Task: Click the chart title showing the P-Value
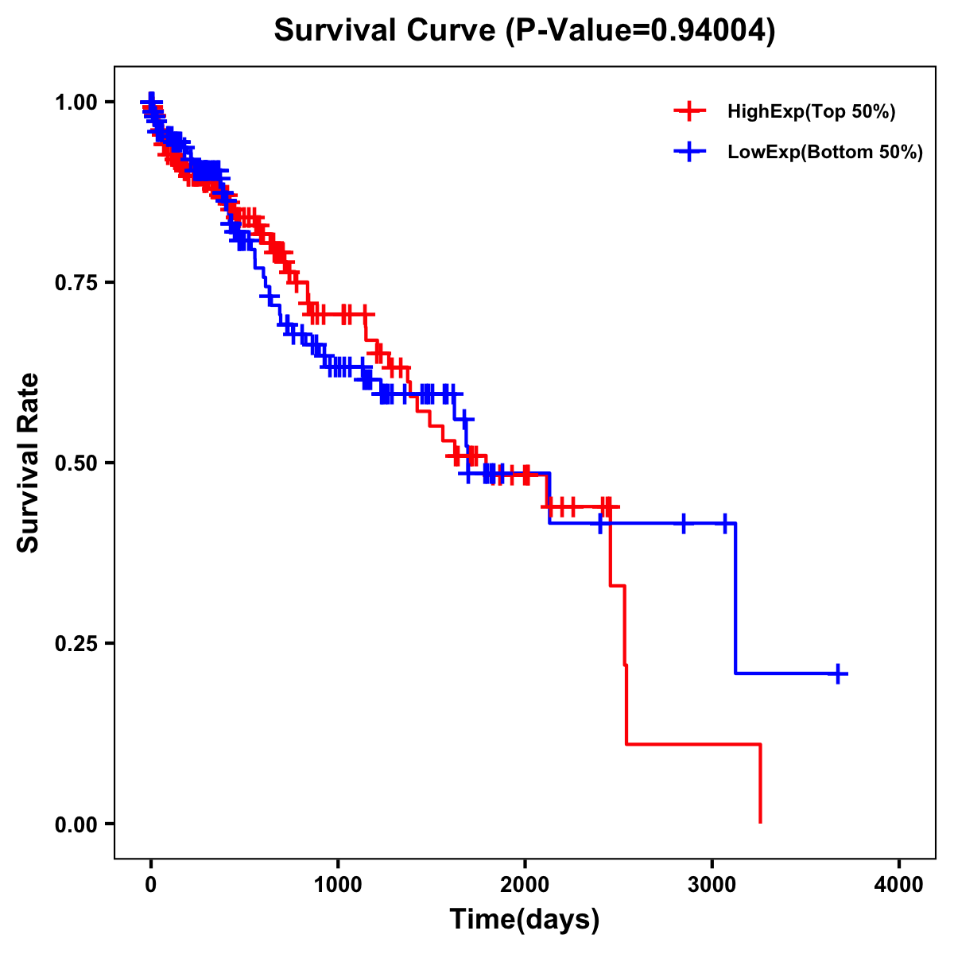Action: point(524,31)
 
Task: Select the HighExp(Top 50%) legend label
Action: point(812,112)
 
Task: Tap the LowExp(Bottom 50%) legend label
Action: point(825,153)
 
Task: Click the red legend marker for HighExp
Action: point(689,112)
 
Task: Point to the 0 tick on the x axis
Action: point(151,885)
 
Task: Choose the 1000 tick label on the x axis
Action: point(338,885)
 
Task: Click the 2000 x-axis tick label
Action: point(525,885)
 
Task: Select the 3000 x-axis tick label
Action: point(712,885)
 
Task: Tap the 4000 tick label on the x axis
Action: point(899,885)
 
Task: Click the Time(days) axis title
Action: point(525,920)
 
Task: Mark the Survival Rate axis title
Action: point(29,463)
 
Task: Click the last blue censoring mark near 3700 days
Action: point(837,674)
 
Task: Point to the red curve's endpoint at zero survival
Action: point(761,822)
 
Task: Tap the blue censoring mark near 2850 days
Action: point(683,523)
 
